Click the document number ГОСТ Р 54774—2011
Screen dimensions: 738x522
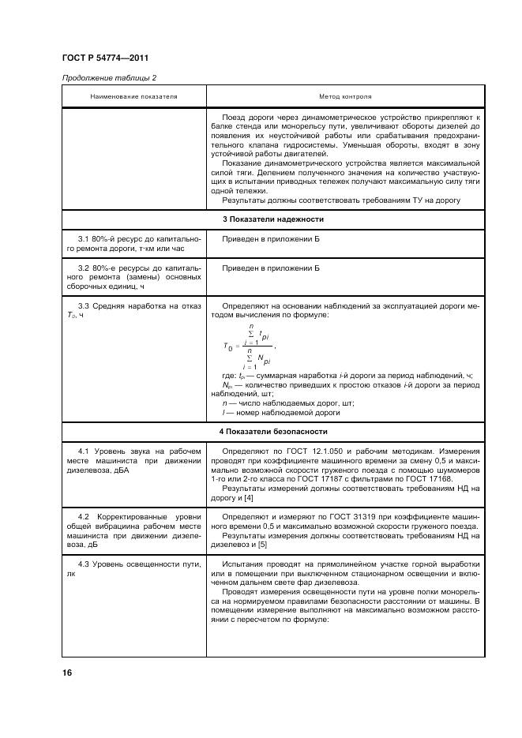point(105,59)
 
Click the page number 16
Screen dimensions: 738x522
point(66,672)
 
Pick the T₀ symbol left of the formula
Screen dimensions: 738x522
point(228,347)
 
